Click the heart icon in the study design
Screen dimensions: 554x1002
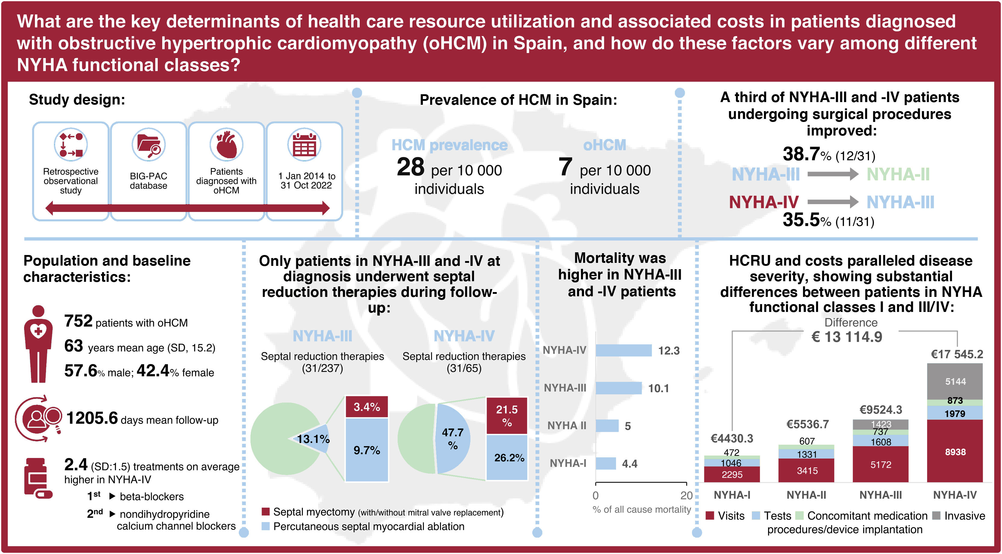tap(226, 145)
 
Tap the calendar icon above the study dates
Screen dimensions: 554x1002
tap(304, 145)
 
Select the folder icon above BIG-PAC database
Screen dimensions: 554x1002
tap(149, 145)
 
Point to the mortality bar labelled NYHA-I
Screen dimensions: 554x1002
tap(606, 463)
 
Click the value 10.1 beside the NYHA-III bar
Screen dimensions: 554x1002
tap(658, 388)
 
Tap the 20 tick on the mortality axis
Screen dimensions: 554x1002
tap(686, 495)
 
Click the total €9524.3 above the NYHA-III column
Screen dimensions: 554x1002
tap(880, 410)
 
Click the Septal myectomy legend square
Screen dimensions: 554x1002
tap(266, 512)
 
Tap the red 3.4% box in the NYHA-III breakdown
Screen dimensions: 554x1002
tap(366, 407)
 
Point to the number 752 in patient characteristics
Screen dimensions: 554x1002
tap(78, 321)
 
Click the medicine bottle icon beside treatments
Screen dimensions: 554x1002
tap(37, 478)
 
